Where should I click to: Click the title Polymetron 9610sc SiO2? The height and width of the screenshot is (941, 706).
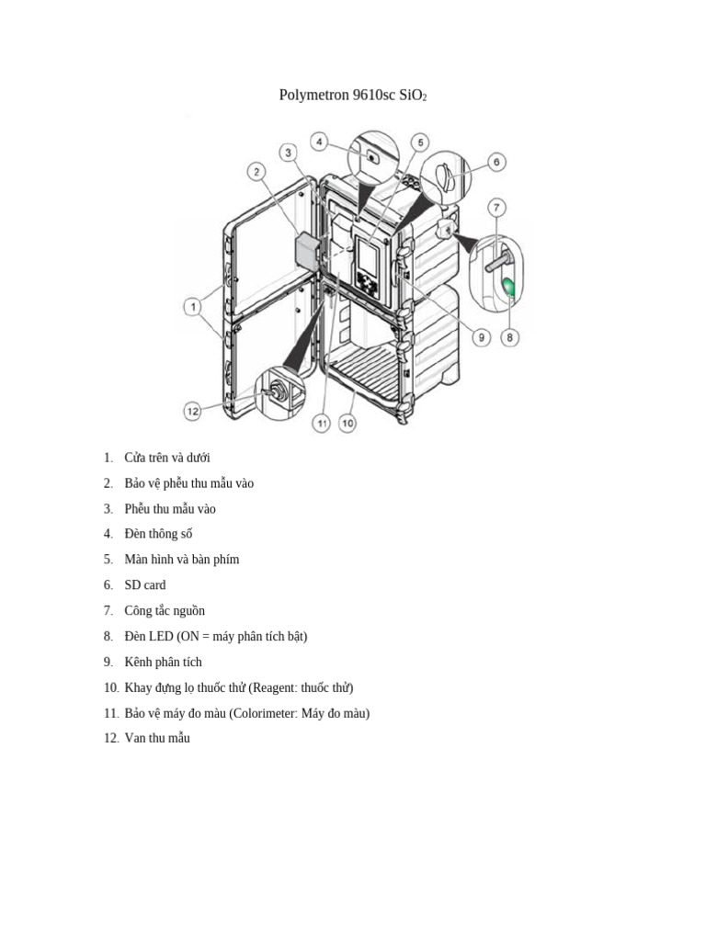click(x=352, y=96)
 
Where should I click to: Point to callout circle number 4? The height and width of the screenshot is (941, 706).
click(x=319, y=142)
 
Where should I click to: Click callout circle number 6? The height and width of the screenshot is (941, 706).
click(x=495, y=163)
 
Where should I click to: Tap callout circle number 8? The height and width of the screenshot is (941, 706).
click(x=510, y=337)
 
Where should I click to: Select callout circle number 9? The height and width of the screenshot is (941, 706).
click(x=480, y=337)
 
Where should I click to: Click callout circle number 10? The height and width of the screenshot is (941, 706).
click(x=348, y=423)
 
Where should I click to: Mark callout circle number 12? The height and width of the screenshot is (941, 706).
click(x=192, y=412)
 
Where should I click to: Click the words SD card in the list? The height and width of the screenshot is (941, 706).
click(x=145, y=584)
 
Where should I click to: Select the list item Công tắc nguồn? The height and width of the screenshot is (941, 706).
click(x=165, y=610)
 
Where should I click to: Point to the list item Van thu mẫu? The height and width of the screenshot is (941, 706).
click(x=157, y=738)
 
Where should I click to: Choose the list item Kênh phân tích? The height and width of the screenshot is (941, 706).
click(x=163, y=662)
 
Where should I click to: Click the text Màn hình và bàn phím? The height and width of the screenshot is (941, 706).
click(x=181, y=559)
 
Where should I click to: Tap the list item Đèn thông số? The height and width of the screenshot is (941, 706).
click(x=158, y=534)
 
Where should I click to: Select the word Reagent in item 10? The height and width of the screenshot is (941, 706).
click(x=274, y=687)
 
